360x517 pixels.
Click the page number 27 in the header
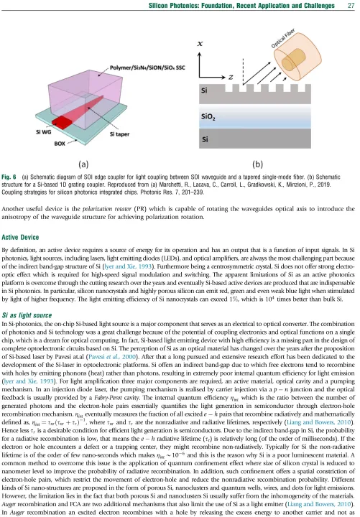click(351, 5)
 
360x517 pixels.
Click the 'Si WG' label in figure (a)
click(43, 132)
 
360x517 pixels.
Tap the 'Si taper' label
click(119, 134)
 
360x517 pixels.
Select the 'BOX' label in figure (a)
click(60, 144)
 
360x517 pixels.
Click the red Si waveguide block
click(62, 121)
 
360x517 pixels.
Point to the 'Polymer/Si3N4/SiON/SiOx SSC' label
click(147, 67)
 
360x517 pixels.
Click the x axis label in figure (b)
click(200, 43)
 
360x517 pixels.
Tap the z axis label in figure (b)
click(231, 77)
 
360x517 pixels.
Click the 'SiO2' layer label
click(208, 117)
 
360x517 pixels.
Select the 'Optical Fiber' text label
click(282, 39)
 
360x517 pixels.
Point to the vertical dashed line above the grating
click(243, 72)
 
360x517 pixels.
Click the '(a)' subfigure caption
click(83, 164)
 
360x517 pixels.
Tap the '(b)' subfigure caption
click(257, 164)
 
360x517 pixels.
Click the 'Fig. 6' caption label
click(9, 177)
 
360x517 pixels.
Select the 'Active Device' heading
click(20, 237)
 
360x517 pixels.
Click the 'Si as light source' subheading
click(27, 315)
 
